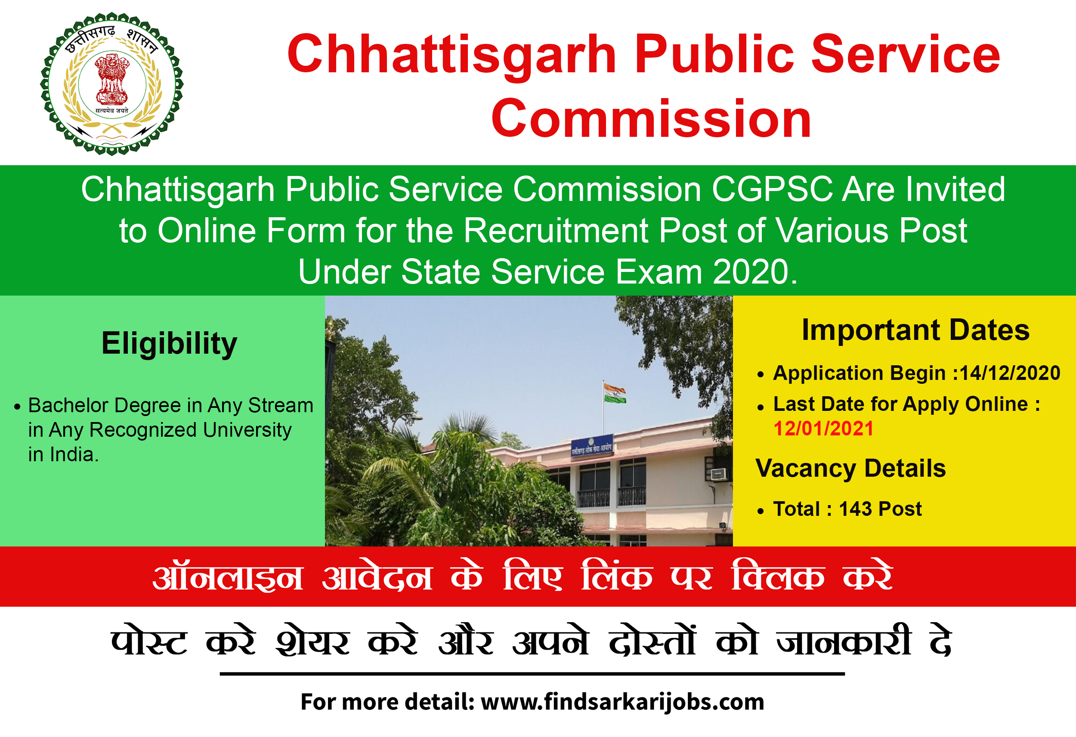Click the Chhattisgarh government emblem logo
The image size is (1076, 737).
(x=112, y=84)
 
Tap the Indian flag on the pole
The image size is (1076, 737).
(x=614, y=393)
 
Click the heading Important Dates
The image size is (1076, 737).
(x=915, y=330)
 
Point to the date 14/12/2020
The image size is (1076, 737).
(x=1010, y=373)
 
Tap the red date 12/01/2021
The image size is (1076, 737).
(x=824, y=429)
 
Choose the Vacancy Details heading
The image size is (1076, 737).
(x=850, y=469)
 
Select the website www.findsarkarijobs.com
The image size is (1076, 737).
(x=623, y=702)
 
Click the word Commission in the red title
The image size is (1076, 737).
(x=652, y=119)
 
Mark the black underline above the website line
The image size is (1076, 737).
(x=532, y=674)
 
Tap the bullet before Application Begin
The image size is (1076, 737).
(x=760, y=375)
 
